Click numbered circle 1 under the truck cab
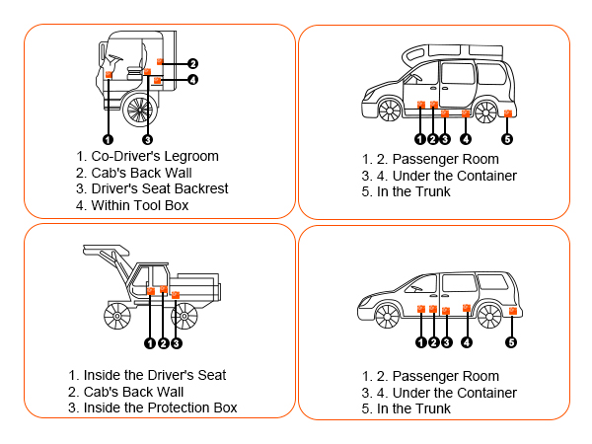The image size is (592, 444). [108, 139]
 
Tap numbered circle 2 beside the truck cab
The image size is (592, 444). [193, 63]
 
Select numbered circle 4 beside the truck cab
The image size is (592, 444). [193, 80]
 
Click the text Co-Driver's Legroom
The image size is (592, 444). [154, 156]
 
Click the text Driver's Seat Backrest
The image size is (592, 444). [159, 189]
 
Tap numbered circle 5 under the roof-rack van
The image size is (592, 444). [507, 139]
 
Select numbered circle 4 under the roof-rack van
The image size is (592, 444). [465, 139]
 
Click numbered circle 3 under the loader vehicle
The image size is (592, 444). [177, 343]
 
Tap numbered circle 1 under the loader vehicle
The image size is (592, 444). [150, 343]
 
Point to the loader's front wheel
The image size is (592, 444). [118, 316]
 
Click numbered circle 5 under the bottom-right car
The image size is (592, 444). [511, 342]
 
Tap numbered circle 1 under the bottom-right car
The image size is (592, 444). [421, 342]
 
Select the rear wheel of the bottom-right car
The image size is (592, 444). [490, 314]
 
